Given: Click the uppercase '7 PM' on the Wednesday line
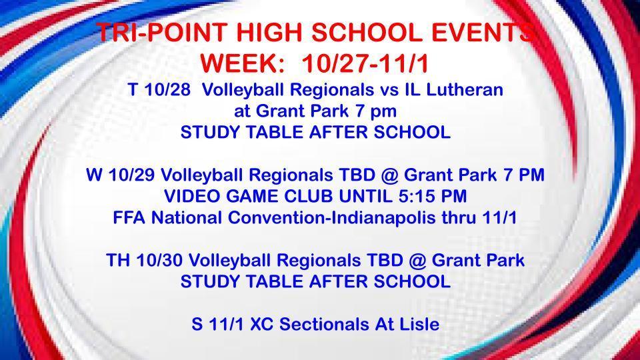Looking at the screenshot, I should (526, 175).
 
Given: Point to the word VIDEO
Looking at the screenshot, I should (191, 196).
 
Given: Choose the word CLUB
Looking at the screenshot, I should (314, 196).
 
